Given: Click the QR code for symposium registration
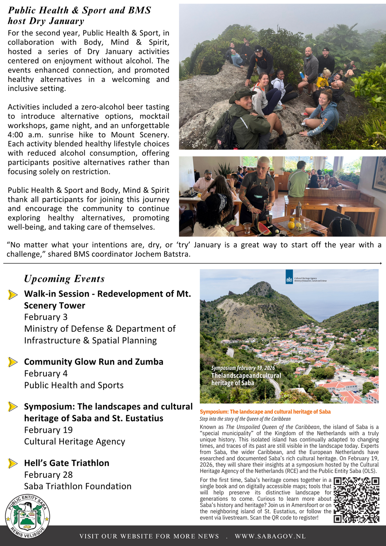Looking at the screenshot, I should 356,500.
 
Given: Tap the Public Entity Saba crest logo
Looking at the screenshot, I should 27,516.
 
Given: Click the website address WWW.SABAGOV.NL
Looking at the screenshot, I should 270,536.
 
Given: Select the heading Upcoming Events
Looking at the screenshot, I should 64,279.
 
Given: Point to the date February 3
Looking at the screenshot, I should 46,317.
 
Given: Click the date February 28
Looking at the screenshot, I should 48,475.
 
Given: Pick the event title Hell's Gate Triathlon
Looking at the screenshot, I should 67,463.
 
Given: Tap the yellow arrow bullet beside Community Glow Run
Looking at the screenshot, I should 13,362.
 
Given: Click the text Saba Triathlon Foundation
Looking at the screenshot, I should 78,486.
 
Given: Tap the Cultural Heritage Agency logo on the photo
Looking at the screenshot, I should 289,277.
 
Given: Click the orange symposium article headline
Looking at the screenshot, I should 265,412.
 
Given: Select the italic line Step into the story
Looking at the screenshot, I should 245,419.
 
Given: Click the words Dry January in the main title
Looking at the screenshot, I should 56,21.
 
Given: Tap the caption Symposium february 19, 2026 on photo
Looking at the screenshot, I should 243,368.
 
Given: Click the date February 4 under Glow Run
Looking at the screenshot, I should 46,374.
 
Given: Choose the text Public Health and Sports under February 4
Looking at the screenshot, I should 74,386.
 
